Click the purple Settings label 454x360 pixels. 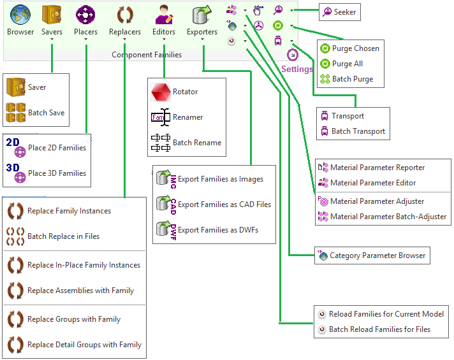point(297,69)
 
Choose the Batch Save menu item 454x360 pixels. point(45,113)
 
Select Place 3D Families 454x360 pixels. point(56,173)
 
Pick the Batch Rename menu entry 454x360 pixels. point(196,143)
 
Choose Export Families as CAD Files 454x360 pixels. point(224,205)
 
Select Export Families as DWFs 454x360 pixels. point(217,230)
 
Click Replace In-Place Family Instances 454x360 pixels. point(83,265)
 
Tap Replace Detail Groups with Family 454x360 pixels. point(84,345)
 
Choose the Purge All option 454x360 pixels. point(347,64)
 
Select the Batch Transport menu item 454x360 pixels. point(358,131)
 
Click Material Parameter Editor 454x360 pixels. point(372,183)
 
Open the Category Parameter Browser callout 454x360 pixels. point(377,256)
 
